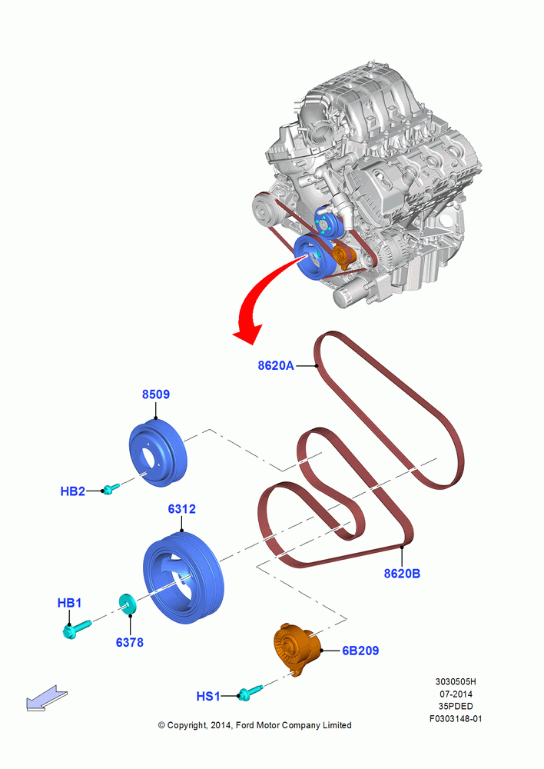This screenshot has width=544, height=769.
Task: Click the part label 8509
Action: pos(156,394)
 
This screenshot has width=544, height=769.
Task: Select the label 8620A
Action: pos(276,365)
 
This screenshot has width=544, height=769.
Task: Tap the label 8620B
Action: pos(402,574)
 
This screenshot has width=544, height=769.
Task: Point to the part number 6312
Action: pos(182,509)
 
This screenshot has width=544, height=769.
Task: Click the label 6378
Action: pos(130,642)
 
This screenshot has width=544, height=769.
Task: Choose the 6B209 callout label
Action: pos(360,651)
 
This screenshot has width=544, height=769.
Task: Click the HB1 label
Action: pos(70,603)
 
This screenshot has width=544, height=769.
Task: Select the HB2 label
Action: pos(72,491)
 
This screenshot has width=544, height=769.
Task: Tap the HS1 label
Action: pos(208,697)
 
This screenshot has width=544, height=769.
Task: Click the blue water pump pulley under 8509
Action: pos(158,453)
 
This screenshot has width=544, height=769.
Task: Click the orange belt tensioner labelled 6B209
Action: pos(296,649)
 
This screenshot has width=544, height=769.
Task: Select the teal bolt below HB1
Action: pos(77,629)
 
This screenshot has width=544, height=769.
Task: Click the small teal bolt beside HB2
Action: pos(111,488)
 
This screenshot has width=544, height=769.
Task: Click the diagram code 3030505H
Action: pos(456,681)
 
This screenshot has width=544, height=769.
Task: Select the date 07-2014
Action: pos(456,694)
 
